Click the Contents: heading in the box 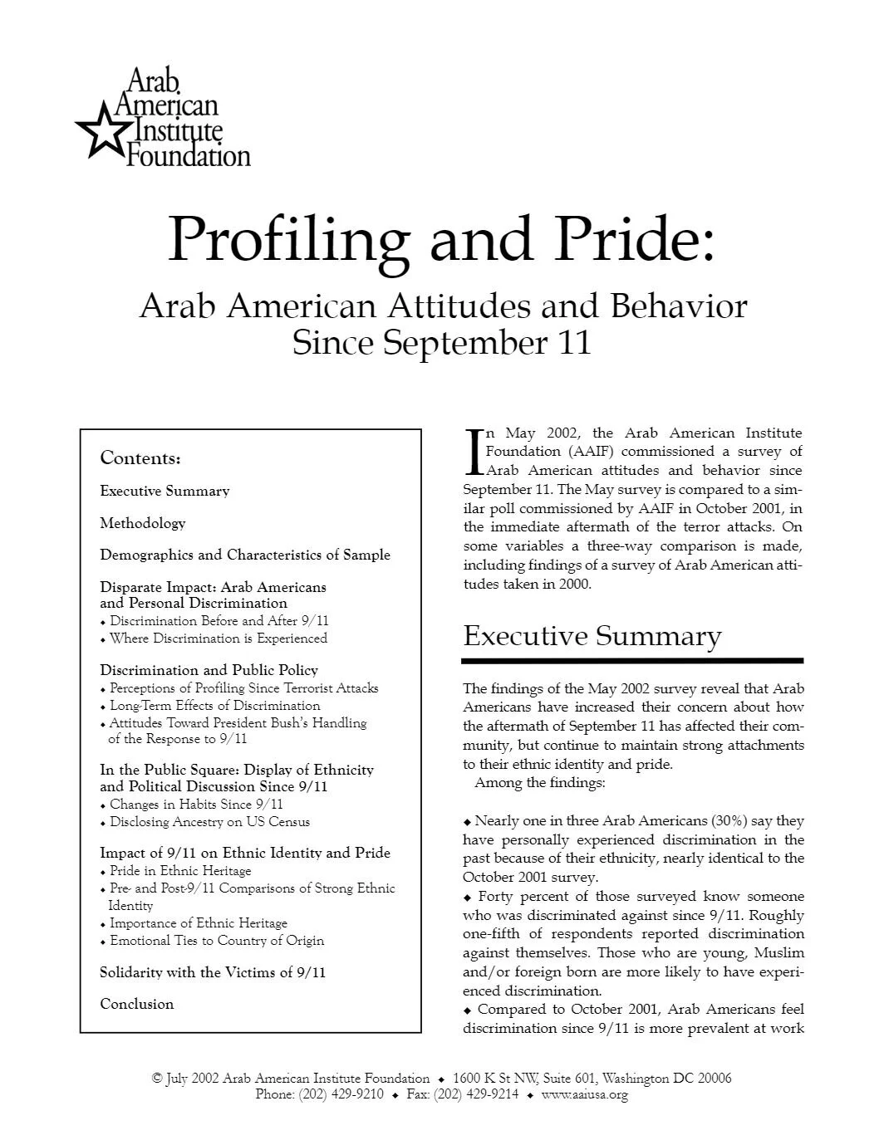[x=140, y=458]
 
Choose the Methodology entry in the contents [x=143, y=523]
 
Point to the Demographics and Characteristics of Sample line [x=245, y=555]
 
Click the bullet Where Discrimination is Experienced [x=218, y=638]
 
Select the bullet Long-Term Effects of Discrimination [x=214, y=706]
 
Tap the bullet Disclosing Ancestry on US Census [x=209, y=822]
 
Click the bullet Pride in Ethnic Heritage [x=180, y=871]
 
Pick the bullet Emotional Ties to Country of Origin [x=217, y=941]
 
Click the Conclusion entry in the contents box [x=137, y=1004]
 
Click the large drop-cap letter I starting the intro [x=472, y=452]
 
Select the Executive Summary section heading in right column [x=592, y=636]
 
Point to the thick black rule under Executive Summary [x=632, y=661]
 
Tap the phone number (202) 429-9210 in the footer [x=341, y=1094]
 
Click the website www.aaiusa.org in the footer [x=584, y=1094]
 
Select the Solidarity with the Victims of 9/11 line [x=213, y=972]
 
